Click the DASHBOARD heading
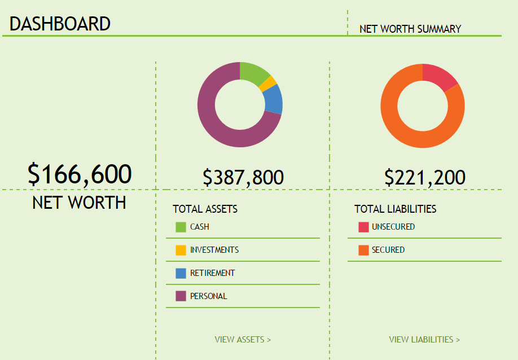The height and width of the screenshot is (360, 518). pyautogui.click(x=60, y=24)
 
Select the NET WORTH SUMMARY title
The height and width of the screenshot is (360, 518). pyautogui.click(x=410, y=29)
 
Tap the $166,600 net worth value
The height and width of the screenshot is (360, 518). pyautogui.click(x=80, y=174)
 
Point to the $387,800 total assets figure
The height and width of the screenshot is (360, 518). pyautogui.click(x=243, y=177)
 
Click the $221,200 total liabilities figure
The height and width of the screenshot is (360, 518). pyautogui.click(x=424, y=177)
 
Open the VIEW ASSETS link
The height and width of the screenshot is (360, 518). pyautogui.click(x=243, y=340)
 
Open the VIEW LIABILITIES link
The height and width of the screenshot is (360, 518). pyautogui.click(x=424, y=340)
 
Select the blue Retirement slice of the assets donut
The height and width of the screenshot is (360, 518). pyautogui.click(x=273, y=99)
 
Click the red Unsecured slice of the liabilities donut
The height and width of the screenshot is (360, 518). pyautogui.click(x=441, y=76)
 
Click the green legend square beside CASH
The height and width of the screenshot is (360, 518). pyautogui.click(x=181, y=227)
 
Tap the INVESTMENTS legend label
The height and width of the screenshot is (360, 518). pyautogui.click(x=214, y=249)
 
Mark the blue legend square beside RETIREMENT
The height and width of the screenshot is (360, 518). pyautogui.click(x=181, y=273)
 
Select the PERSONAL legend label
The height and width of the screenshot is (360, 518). pyautogui.click(x=208, y=296)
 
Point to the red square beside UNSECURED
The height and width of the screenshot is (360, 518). pyautogui.click(x=363, y=227)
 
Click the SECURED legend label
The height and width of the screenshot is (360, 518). pyautogui.click(x=388, y=249)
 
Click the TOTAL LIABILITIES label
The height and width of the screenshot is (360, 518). pyautogui.click(x=395, y=209)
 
